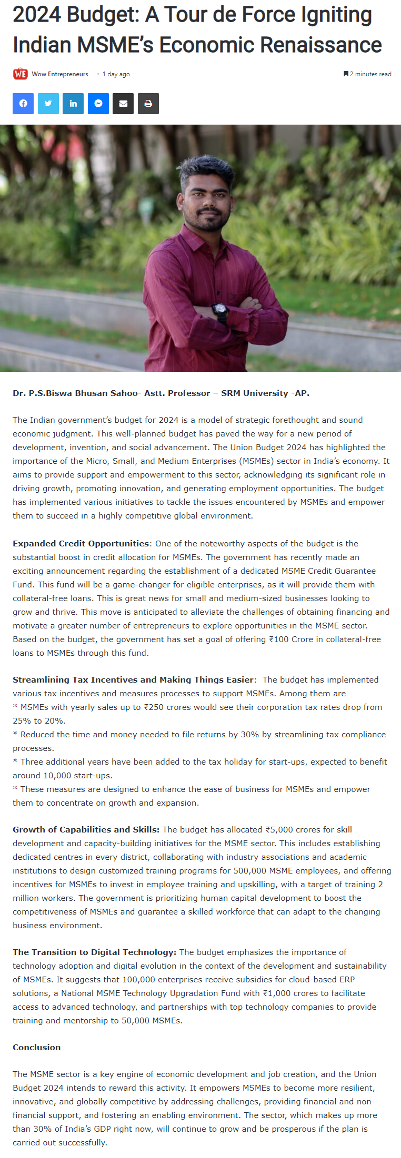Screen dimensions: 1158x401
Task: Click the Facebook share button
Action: (23, 104)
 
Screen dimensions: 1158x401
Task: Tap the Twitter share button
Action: (48, 104)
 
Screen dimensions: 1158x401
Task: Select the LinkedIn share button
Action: (73, 104)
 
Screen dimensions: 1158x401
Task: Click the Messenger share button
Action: (98, 104)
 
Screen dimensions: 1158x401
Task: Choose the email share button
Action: (123, 104)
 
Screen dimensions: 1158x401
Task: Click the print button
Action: (148, 104)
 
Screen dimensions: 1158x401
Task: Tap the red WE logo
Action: (20, 74)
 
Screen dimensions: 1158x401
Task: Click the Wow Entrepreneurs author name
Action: (60, 74)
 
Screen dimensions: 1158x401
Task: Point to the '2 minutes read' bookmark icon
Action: (346, 74)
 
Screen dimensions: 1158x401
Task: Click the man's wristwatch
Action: (220, 310)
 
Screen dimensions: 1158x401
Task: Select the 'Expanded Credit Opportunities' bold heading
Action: (81, 543)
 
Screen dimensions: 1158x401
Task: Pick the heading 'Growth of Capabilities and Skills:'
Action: (86, 829)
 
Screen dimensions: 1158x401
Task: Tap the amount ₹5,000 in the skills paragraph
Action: (279, 829)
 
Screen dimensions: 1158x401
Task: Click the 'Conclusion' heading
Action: (37, 1047)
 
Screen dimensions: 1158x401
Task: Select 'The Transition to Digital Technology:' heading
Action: (94, 952)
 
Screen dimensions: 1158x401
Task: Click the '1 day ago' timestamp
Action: (116, 74)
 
